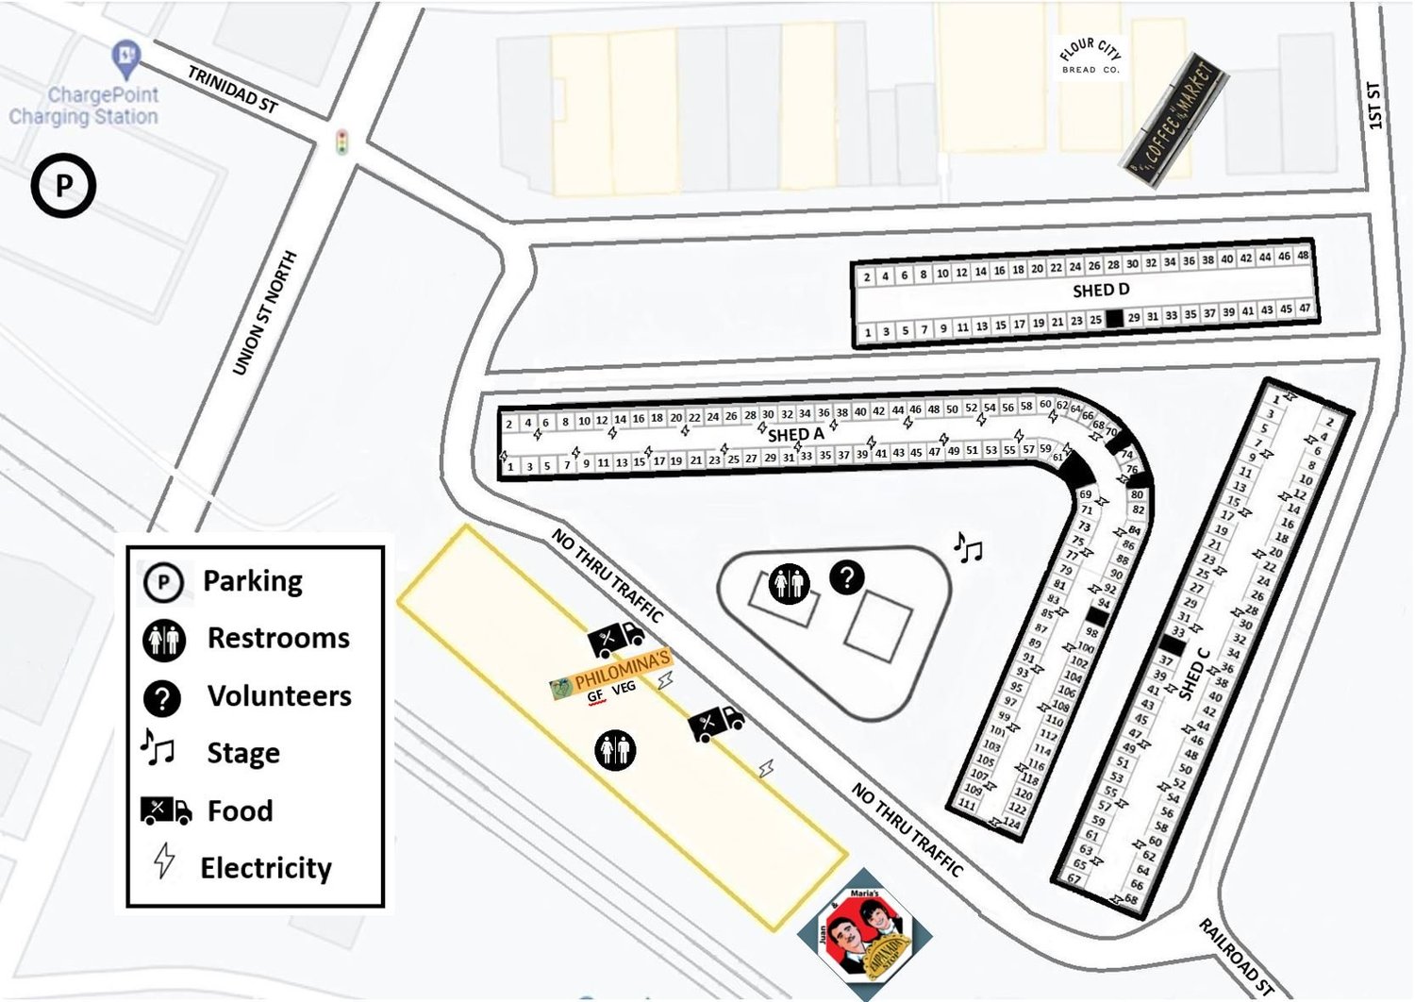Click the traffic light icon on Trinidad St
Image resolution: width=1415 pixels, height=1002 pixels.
click(341, 142)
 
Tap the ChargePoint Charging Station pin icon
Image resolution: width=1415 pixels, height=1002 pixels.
click(125, 58)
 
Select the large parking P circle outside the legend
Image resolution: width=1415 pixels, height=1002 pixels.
click(63, 186)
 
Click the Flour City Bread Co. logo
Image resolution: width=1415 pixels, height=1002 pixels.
click(1090, 56)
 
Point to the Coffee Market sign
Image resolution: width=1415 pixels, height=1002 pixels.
click(1175, 121)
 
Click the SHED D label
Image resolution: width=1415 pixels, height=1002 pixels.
click(1100, 291)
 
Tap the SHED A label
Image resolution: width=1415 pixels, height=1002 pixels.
click(795, 434)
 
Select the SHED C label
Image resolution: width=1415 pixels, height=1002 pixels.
click(1193, 674)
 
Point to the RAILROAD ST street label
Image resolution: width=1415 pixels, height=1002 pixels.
click(1237, 956)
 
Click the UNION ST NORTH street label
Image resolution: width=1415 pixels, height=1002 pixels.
click(264, 312)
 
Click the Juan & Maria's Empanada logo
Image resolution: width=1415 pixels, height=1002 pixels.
click(864, 934)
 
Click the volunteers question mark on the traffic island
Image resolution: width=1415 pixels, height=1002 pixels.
click(846, 577)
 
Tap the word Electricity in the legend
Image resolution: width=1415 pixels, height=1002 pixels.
click(266, 868)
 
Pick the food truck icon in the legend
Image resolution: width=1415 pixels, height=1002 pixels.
click(165, 810)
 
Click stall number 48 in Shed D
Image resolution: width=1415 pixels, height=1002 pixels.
click(1303, 255)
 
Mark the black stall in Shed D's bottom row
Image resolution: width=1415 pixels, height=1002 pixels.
click(1114, 319)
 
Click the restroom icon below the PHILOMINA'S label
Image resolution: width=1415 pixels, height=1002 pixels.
click(615, 750)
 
